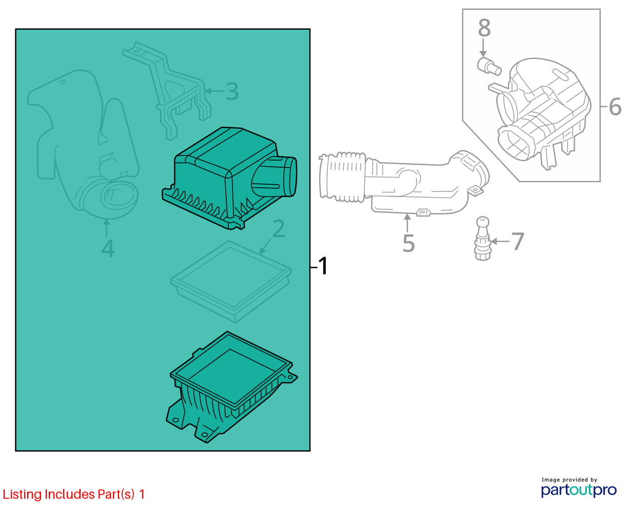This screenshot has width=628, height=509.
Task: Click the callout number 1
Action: click(323, 266)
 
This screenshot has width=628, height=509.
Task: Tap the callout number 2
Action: click(279, 228)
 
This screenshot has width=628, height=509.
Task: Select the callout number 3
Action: click(232, 91)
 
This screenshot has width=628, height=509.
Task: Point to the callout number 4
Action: click(108, 248)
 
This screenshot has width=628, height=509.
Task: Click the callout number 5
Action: click(408, 243)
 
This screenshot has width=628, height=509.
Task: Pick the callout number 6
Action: click(615, 106)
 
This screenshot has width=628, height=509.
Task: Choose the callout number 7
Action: click(518, 241)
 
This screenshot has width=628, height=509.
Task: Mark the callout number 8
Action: click(484, 28)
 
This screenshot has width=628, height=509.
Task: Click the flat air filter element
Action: click(231, 281)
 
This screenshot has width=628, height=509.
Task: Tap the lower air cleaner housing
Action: click(231, 387)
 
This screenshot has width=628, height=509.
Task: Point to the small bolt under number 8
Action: click(489, 67)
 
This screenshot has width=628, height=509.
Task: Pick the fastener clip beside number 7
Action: click(482, 238)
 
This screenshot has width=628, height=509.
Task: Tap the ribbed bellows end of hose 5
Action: click(343, 177)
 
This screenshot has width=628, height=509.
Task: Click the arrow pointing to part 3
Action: click(214, 91)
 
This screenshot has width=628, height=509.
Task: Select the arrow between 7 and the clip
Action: click(500, 241)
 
